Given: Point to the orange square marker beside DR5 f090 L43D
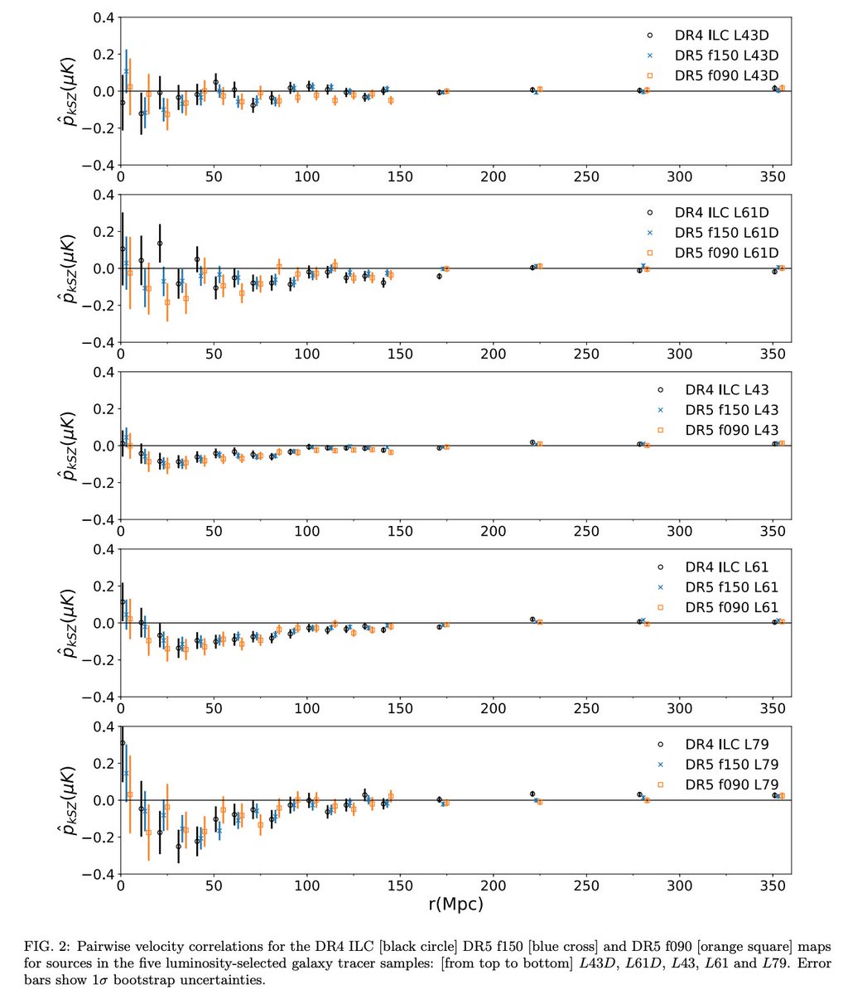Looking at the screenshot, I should [x=650, y=75].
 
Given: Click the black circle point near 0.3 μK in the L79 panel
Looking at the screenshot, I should [x=123, y=743].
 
